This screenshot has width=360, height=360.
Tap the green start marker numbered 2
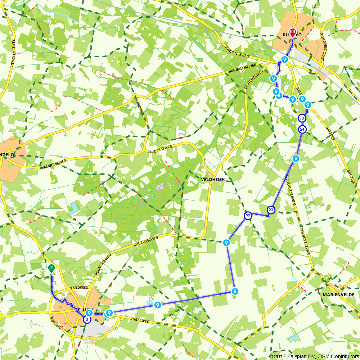51,268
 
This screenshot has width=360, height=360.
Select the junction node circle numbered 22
248,216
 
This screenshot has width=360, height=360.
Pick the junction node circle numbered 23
271,210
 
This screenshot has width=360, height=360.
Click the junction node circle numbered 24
302,129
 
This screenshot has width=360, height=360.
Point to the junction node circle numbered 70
302,118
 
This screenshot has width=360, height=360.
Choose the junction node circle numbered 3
87,319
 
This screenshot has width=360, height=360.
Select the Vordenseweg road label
236,53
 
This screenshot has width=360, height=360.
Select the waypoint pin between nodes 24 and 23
296,158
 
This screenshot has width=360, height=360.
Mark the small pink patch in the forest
160,186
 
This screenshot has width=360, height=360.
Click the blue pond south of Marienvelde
294,337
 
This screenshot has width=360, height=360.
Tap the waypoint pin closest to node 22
226,242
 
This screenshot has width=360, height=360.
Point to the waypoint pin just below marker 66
284,59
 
